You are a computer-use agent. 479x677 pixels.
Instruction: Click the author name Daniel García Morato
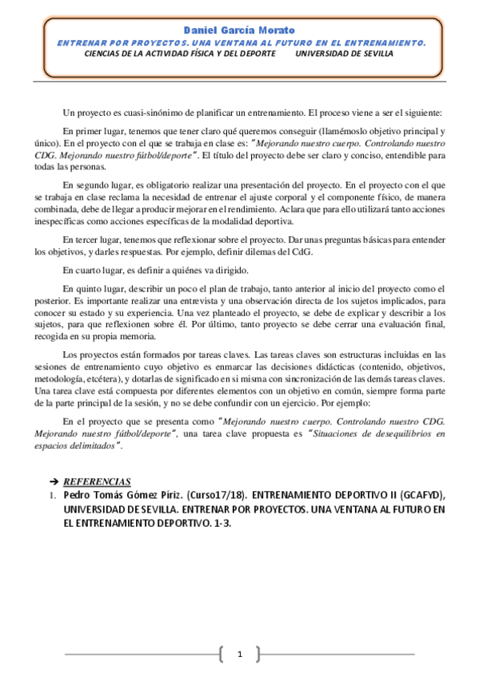tap(240, 30)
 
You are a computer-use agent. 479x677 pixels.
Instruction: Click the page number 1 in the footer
tap(239, 655)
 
